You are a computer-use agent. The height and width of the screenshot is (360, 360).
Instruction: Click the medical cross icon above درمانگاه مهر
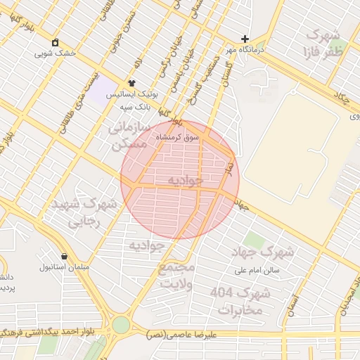245,39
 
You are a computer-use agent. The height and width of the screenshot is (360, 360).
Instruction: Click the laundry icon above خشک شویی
56,42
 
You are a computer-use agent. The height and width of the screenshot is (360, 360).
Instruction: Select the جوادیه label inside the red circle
184,180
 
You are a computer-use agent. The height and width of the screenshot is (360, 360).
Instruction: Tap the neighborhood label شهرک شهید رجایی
83,212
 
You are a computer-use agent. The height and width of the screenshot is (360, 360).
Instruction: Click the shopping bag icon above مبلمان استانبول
65,256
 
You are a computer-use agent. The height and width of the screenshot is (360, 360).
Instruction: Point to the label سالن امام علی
259,269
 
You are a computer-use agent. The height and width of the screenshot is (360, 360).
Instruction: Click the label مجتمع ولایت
175,276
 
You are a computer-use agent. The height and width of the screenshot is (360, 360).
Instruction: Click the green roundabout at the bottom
121,325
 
